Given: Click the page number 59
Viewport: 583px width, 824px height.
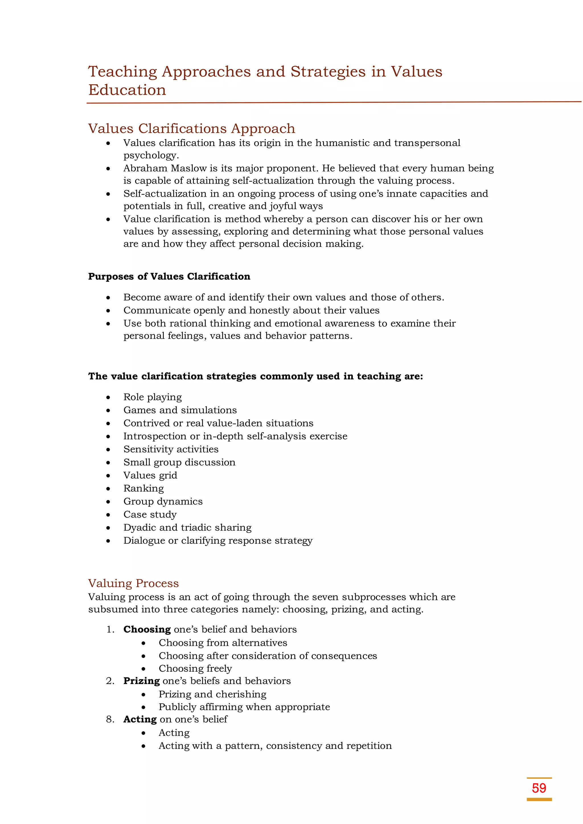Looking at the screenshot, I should pos(539,788).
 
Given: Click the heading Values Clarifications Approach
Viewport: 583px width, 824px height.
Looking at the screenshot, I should pos(192,128).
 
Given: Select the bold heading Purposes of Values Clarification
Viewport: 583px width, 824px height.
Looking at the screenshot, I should pos(169,276).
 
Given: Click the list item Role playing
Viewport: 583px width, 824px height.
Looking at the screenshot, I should pos(153,397).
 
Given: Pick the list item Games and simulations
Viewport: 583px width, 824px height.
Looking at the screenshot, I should pos(180,410).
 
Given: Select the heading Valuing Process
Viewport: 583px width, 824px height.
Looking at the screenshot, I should pos(133,583).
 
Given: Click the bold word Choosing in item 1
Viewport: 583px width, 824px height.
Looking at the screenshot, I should pos(147,630).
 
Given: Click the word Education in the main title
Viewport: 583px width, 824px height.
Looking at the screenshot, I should pos(127,90).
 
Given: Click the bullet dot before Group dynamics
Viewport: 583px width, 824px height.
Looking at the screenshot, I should pos(108,502).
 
